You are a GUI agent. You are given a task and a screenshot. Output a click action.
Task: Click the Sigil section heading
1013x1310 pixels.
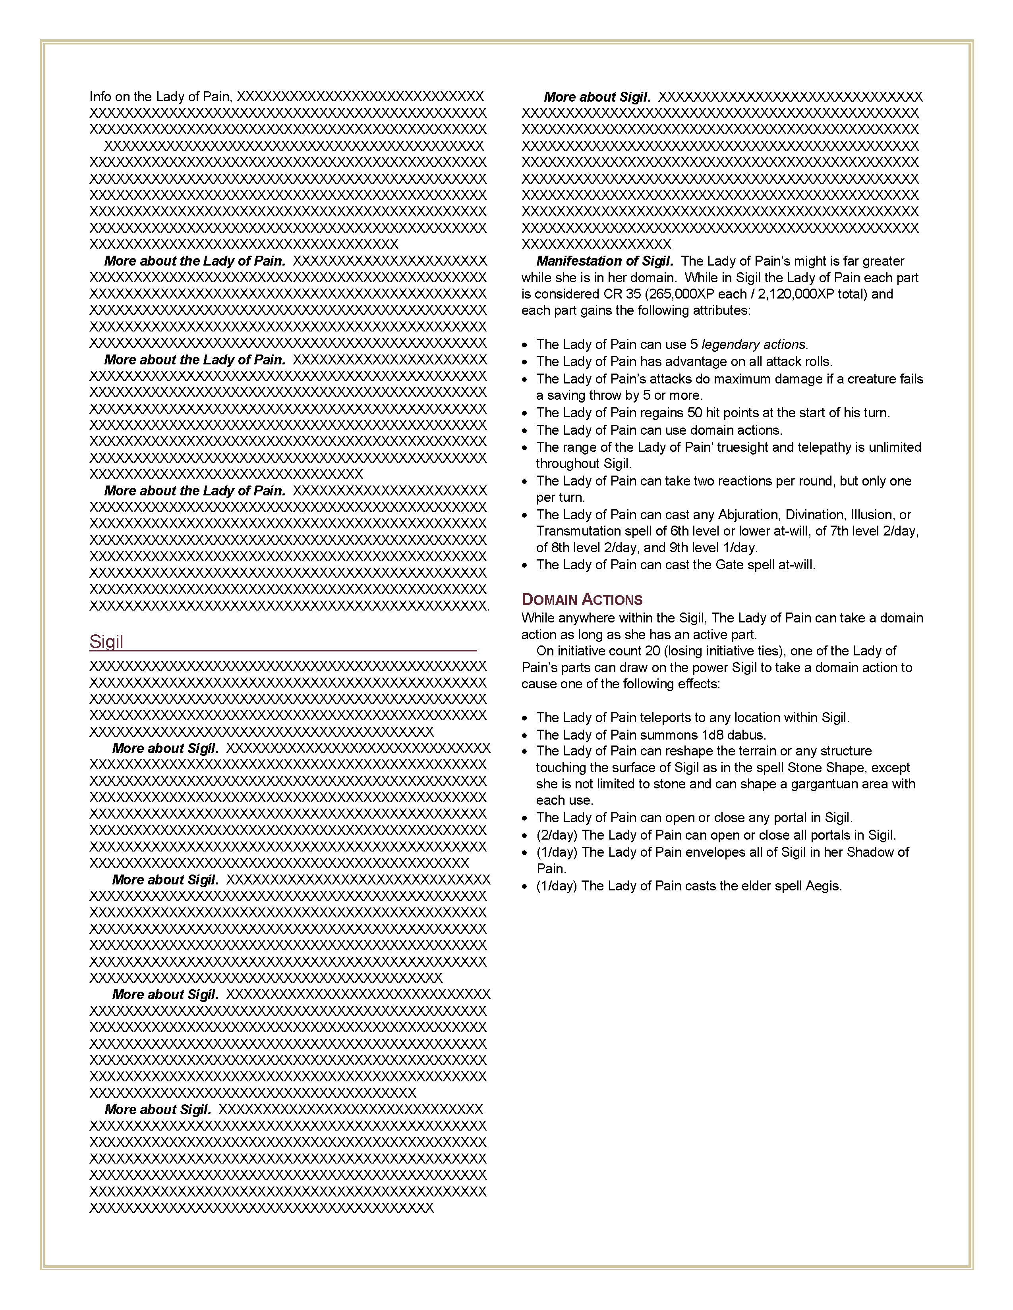106,642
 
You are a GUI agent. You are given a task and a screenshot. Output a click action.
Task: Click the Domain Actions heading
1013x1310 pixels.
582,600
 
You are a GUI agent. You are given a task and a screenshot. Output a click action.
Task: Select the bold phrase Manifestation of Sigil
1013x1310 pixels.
604,261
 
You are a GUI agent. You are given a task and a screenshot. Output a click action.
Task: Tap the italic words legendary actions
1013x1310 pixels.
754,344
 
